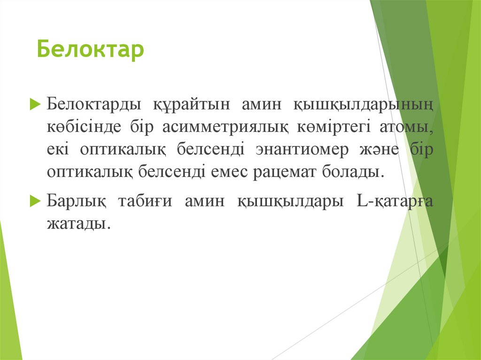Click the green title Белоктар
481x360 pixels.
[91, 50]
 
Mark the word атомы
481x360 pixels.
[408, 127]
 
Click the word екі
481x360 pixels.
[58, 149]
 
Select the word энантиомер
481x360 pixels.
[303, 149]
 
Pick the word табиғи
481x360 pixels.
[144, 201]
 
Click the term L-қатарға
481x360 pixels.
[395, 201]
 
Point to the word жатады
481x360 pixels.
[78, 224]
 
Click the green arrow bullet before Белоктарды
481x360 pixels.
[34, 104]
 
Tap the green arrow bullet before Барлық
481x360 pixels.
[34, 201]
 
